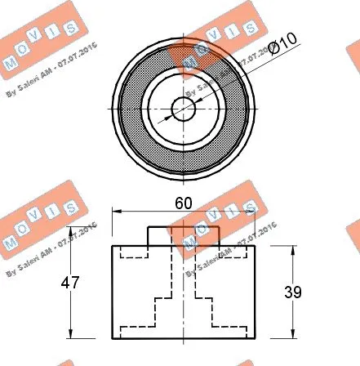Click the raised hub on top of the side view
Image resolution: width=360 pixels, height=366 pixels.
[x=182, y=235]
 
